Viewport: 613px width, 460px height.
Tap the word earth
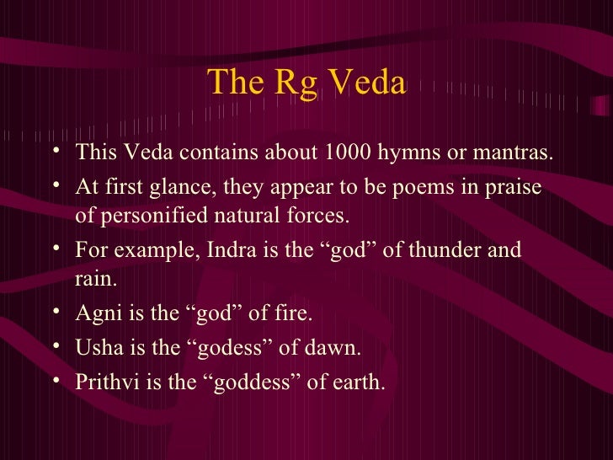[x=358, y=383]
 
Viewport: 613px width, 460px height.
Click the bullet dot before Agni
[x=55, y=313]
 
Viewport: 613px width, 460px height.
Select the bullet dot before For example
[x=55, y=250]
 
